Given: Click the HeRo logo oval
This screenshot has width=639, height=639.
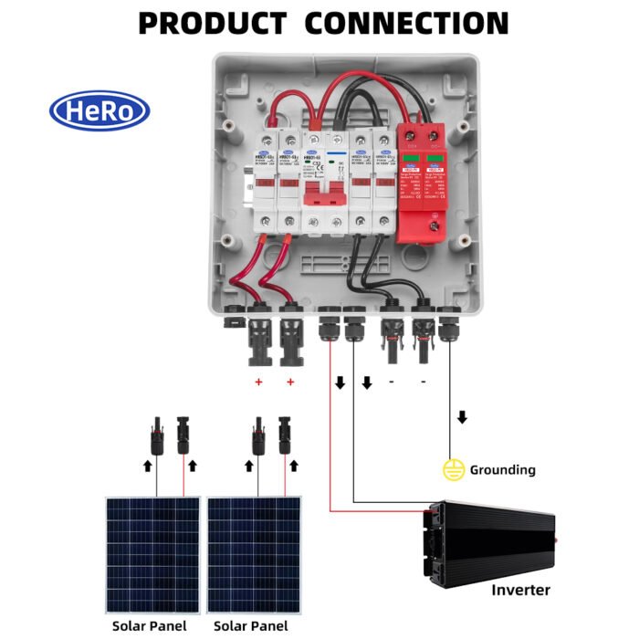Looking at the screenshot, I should click(x=100, y=110).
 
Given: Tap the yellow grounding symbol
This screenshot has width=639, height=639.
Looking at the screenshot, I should click(x=453, y=470).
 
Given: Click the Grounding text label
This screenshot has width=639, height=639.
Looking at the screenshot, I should click(x=502, y=470).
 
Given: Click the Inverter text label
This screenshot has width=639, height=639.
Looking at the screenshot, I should click(x=520, y=590).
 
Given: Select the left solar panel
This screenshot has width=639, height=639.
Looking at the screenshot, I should click(x=153, y=554).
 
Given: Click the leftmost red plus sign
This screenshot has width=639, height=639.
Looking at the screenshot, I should click(x=258, y=382).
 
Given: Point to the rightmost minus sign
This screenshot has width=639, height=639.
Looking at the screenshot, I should click(x=423, y=382).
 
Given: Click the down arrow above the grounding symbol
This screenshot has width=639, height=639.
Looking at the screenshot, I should click(x=462, y=417).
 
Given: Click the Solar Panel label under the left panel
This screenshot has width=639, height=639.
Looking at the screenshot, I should click(x=149, y=626).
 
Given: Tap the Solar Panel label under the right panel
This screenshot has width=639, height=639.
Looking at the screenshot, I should click(x=250, y=626).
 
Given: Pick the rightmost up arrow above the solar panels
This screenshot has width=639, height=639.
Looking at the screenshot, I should click(x=294, y=466).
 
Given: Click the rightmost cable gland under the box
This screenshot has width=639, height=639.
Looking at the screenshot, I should click(x=450, y=327).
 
